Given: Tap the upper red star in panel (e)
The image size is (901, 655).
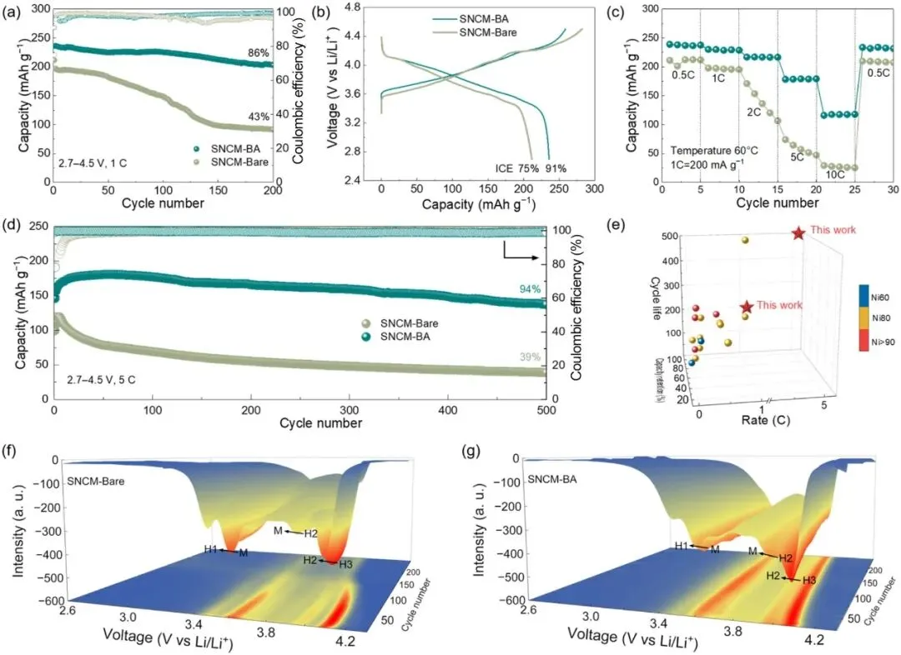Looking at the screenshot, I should point(798,232).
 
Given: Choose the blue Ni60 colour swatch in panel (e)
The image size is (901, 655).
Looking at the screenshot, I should point(865,296).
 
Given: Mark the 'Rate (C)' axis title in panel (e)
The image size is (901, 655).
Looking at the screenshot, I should point(763,421).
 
